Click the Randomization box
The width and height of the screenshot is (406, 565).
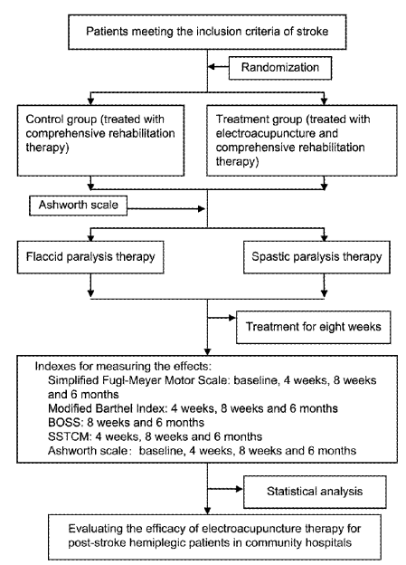tap(280, 68)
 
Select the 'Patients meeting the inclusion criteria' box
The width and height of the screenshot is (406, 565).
tap(207, 32)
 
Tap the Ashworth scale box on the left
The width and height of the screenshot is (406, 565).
tap(78, 206)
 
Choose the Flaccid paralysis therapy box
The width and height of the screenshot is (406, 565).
tap(90, 257)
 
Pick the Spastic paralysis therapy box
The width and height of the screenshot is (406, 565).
tap(316, 257)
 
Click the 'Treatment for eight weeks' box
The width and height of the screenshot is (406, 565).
tap(313, 327)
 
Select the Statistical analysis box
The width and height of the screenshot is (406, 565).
tap(315, 492)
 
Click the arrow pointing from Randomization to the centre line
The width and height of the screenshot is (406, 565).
tap(219, 67)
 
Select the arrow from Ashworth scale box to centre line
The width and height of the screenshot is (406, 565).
tap(166, 208)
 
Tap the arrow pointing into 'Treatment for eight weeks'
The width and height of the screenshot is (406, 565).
tap(222, 318)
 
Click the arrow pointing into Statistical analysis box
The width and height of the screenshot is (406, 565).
tap(225, 489)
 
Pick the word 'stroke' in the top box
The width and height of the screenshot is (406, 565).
tap(313, 32)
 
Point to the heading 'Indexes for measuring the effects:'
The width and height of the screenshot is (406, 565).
tap(123, 367)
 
